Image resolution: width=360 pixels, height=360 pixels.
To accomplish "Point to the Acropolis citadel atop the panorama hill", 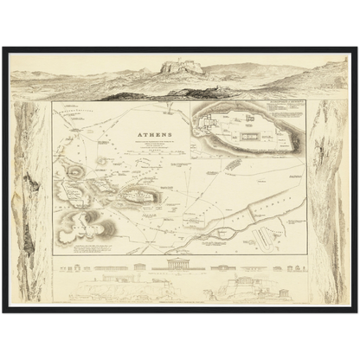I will pyautogui.click(x=182, y=66).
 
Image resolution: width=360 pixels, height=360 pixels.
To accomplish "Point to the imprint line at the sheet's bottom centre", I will pyautogui.click(x=180, y=300).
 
